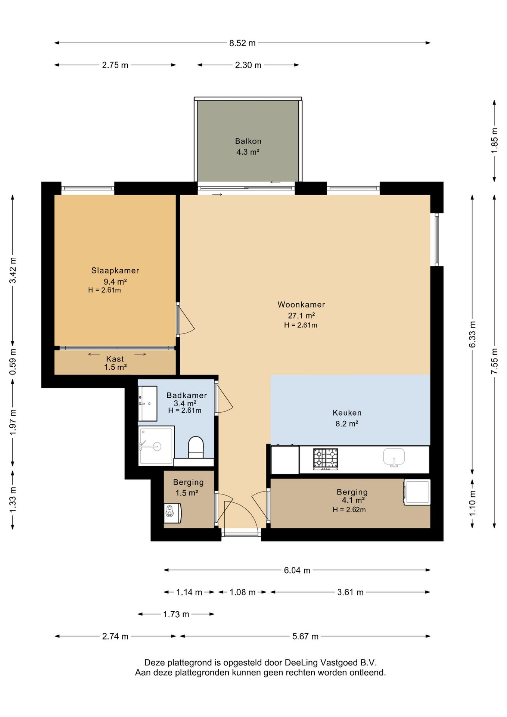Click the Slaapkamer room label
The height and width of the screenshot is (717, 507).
[115, 270]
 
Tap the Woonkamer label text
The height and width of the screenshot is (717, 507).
[301, 304]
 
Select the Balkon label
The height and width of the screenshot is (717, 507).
[248, 141]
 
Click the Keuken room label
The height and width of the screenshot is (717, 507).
[347, 413]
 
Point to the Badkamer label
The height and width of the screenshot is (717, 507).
[187, 395]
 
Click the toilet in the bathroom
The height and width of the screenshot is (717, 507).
[196, 447]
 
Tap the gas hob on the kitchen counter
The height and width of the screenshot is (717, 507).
[325, 459]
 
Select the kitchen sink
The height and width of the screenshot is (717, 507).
[394, 457]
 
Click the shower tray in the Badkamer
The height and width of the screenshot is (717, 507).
[156, 446]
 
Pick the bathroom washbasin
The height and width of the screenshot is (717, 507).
[147, 404]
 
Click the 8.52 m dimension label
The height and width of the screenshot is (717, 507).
[242, 43]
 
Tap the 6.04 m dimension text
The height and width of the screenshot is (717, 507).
[297, 570]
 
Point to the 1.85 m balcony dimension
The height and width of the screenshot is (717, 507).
[494, 140]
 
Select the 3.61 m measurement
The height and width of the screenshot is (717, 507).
[350, 592]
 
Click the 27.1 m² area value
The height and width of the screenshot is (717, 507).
[301, 316]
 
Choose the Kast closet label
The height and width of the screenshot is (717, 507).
[115, 359]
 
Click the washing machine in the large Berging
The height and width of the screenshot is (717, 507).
[417, 492]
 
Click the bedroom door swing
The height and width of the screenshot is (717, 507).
[186, 319]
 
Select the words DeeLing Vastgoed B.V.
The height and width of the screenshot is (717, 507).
[331, 663]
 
